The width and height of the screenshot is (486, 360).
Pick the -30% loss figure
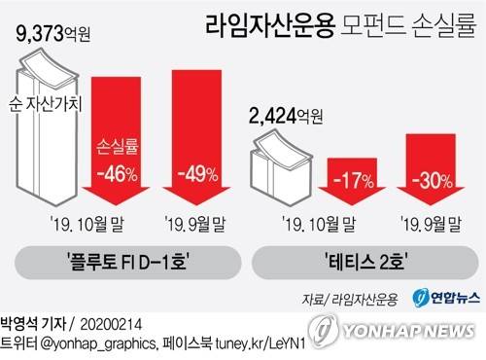[x=428, y=181]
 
